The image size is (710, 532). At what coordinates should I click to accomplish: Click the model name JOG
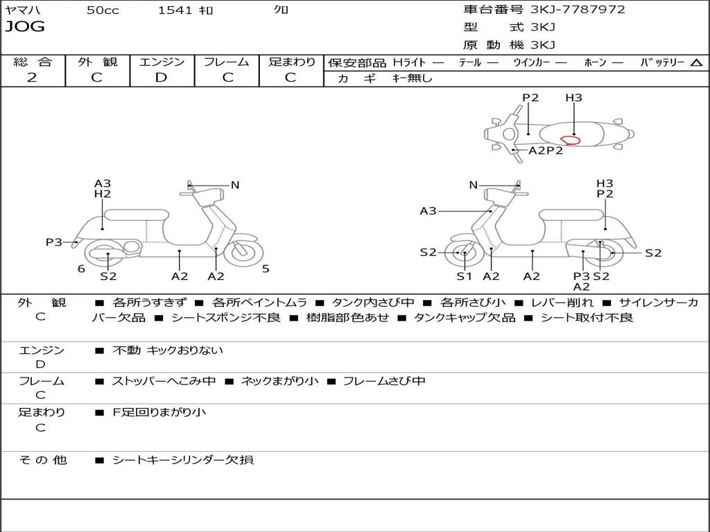coord(25,27)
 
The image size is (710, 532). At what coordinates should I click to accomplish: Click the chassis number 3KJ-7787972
coord(578,10)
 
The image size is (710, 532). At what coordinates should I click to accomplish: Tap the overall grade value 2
coord(32,78)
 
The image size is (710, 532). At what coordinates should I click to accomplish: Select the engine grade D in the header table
coord(161,78)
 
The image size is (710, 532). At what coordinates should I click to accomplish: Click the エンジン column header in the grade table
coord(162,62)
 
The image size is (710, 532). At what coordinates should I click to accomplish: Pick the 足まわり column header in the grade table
coord(292,62)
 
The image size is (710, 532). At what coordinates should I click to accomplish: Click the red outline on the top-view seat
coord(570,140)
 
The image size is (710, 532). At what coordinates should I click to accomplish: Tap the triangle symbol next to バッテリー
coord(696,63)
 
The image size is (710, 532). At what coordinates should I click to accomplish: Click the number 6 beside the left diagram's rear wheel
coord(81,269)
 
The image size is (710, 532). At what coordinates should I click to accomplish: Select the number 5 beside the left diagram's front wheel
coord(266,269)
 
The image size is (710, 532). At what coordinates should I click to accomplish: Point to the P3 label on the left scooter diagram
coord(54,242)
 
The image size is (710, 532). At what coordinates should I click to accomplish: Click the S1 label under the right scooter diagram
coord(464,276)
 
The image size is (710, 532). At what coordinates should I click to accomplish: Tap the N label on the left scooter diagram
coord(235,185)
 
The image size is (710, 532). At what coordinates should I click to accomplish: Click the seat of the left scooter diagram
coord(136,215)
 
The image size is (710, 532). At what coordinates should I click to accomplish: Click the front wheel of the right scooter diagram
coord(463,254)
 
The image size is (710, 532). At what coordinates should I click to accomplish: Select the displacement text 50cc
coord(103,10)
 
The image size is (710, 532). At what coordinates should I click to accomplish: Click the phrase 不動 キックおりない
coord(168,351)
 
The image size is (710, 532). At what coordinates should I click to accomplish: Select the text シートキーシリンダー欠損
coord(183,459)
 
